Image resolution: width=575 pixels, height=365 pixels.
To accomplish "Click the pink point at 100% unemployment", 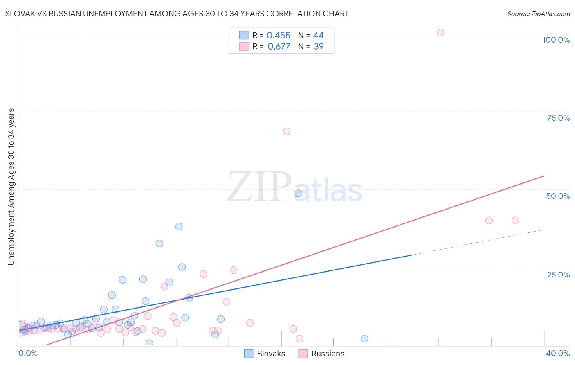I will coord(440,33).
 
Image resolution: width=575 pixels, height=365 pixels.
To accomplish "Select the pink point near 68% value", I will coord(287,131).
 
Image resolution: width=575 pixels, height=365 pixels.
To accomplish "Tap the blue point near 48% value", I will coord(299,193).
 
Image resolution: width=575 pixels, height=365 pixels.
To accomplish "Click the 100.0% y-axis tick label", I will coord(556,40).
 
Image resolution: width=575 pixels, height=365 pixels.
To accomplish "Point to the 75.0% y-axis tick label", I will coord(558,118).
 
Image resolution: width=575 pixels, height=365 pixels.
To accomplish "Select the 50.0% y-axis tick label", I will coord(558,196).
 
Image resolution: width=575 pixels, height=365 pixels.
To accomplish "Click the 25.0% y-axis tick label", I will coord(558,274).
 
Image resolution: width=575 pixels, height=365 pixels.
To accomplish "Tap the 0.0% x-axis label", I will coord(28,353).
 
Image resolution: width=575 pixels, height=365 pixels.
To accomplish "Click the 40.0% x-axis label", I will coord(557,353).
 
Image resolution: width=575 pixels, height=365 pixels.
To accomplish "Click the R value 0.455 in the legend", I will coord(278,36).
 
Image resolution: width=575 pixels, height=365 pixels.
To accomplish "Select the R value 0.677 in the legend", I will coord(279,47).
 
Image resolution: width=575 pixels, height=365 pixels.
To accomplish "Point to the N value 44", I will coord(318,36).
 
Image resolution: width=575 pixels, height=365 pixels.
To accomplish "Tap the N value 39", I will coord(319,47).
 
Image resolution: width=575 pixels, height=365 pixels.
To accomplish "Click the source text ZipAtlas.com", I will coord(538,14).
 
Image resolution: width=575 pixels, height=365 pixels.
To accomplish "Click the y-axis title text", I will coord(11,186).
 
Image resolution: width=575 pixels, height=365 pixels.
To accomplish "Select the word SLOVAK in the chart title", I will coord(20,14).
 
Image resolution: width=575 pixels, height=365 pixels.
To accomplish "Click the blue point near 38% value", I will coord(179,226).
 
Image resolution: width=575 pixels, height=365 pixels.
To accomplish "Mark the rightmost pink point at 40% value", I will coord(515,220).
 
